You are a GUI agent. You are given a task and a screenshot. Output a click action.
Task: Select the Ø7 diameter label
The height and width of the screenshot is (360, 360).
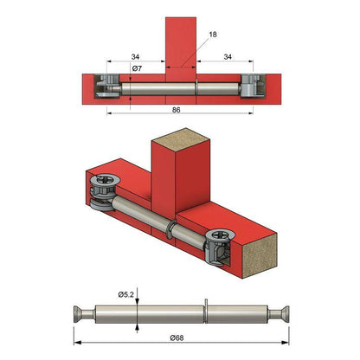(137, 69)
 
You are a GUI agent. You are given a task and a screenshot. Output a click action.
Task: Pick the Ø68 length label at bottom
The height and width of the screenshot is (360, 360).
(178, 337)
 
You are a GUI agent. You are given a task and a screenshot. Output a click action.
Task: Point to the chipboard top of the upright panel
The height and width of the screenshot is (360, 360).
(178, 138)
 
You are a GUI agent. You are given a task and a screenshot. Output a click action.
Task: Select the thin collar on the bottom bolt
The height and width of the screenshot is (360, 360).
(208, 310)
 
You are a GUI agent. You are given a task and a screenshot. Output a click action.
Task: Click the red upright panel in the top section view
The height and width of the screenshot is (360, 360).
(180, 39)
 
